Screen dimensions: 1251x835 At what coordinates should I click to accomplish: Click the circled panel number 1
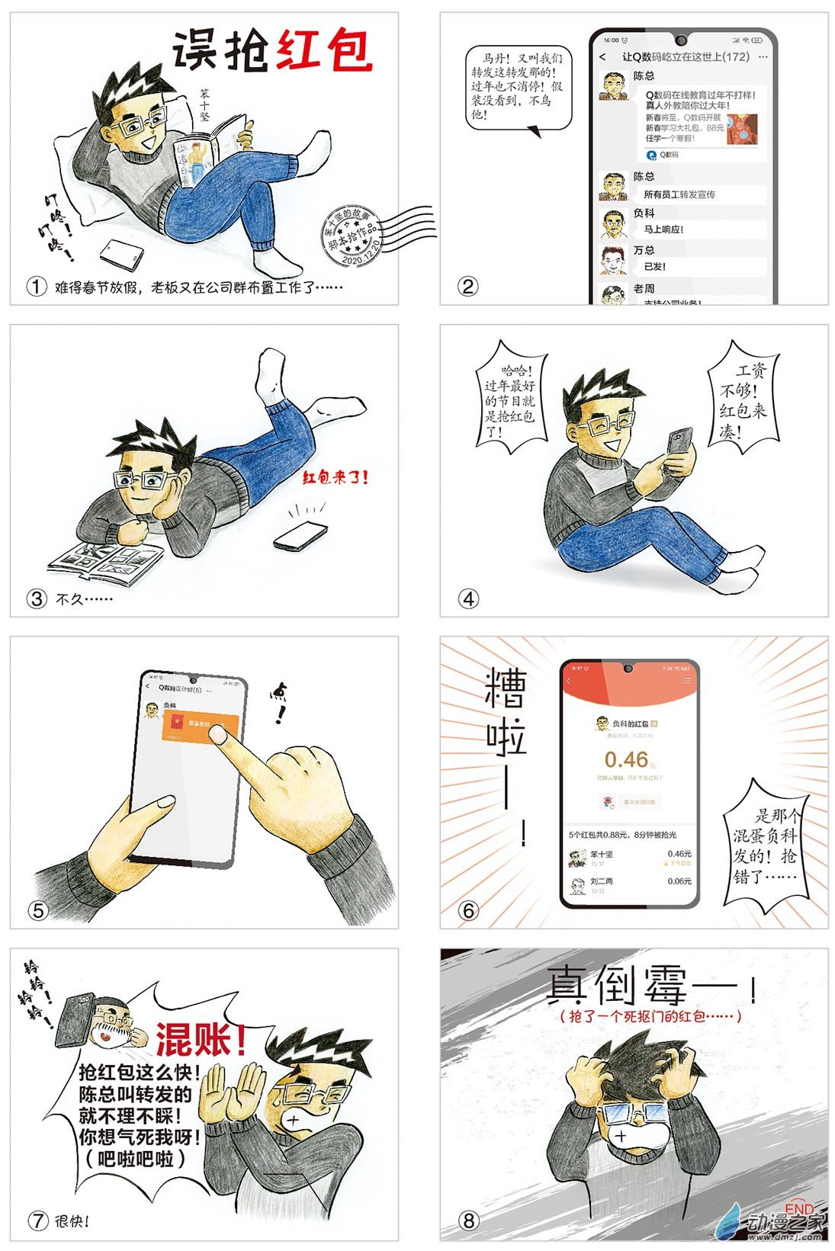[36, 287]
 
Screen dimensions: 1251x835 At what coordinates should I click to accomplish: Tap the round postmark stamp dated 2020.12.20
[352, 236]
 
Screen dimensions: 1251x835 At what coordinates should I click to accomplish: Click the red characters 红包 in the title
[324, 51]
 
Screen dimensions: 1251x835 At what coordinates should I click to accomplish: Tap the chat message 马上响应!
[663, 229]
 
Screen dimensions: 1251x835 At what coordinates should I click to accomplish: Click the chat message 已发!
[655, 267]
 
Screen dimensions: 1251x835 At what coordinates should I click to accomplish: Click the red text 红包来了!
[336, 478]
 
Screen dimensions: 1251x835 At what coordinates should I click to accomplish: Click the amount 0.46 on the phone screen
[626, 759]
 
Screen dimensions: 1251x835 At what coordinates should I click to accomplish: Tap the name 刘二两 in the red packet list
[602, 881]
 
